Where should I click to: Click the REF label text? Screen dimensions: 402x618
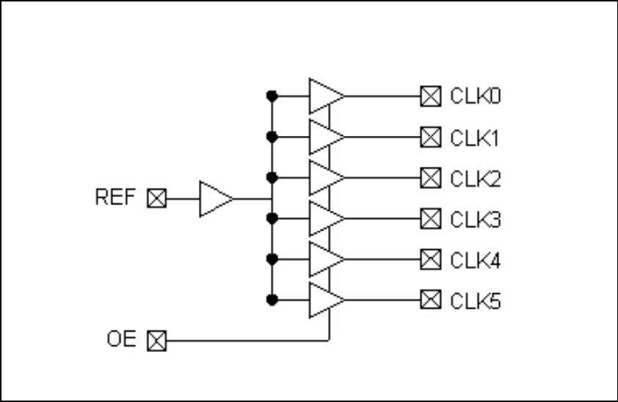114,198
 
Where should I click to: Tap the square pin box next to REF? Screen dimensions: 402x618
157,198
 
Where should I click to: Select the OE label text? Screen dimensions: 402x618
121,340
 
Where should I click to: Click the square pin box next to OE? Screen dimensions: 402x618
157,341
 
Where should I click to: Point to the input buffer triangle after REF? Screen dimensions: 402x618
215,198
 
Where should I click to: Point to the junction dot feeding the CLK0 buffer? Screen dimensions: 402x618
272,96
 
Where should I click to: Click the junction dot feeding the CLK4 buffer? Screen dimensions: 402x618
272,259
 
